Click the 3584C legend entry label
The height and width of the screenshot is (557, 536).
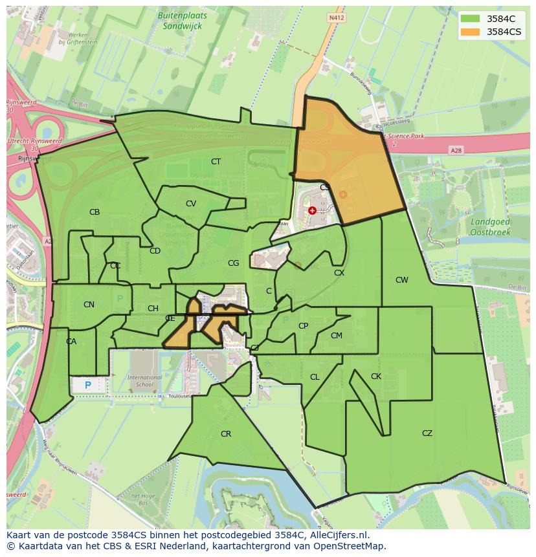pyautogui.click(x=500, y=18)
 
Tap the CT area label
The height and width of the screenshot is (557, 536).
pyautogui.click(x=216, y=161)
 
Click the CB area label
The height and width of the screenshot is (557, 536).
pyautogui.click(x=95, y=212)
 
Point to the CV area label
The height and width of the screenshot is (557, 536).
pyautogui.click(x=191, y=204)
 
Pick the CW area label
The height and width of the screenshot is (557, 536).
pyautogui.click(x=402, y=280)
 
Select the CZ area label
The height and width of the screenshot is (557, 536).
pyautogui.click(x=427, y=433)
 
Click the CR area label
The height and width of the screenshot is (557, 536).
pyautogui.click(x=226, y=434)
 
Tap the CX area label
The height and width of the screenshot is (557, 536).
pyautogui.click(x=339, y=273)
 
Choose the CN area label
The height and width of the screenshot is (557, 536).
pyautogui.click(x=89, y=305)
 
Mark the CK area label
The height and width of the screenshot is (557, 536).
pyautogui.click(x=376, y=377)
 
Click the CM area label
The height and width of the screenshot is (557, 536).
pyautogui.click(x=336, y=336)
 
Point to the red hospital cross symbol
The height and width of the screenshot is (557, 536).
pyautogui.click(x=313, y=210)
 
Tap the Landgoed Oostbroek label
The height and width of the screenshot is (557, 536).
pyautogui.click(x=490, y=226)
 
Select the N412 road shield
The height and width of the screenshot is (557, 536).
pyautogui.click(x=335, y=18)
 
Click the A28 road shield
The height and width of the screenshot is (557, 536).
pyautogui.click(x=456, y=150)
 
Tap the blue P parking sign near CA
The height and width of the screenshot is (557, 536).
pyautogui.click(x=88, y=386)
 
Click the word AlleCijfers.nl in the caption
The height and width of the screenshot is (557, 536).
pyautogui.click(x=336, y=535)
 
